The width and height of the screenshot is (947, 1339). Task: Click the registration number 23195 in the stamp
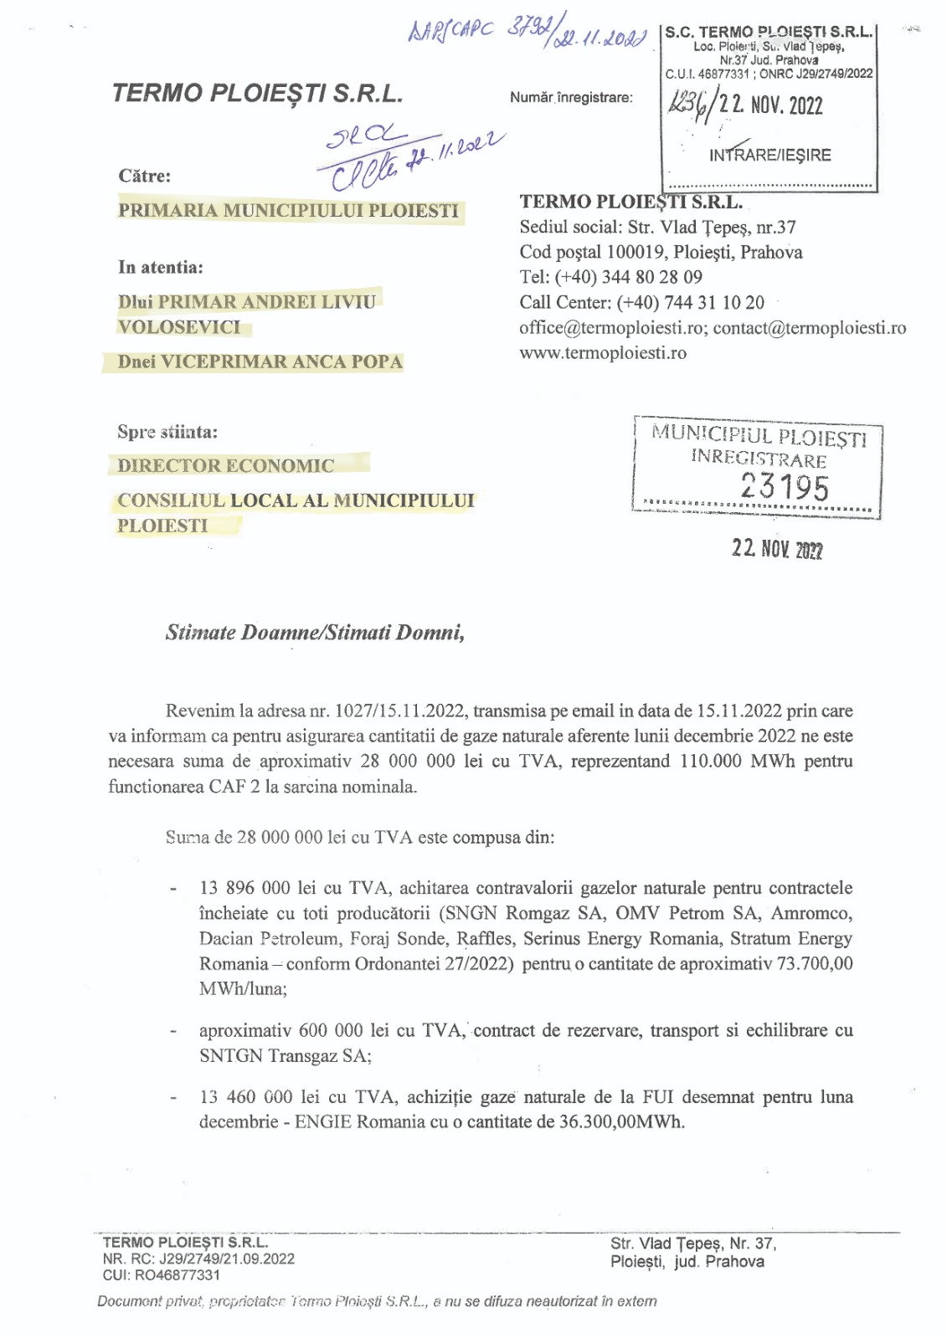coord(785,486)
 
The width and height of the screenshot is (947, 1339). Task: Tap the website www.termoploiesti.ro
coord(603,353)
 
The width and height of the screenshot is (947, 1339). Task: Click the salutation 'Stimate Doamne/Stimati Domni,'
coord(315,632)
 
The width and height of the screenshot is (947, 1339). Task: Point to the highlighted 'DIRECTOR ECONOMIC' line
coord(226,465)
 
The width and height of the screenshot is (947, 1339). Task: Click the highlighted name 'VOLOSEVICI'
coord(179,327)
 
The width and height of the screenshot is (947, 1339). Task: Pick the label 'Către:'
coord(145,176)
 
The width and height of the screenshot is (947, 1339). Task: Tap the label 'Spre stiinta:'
coord(167,432)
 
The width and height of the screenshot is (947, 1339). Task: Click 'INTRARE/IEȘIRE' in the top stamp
coord(770,155)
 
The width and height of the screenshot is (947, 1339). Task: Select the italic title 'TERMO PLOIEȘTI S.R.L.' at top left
coord(257,93)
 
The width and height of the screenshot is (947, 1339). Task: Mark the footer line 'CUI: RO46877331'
coord(162,1275)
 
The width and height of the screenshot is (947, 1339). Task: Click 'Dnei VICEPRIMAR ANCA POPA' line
coord(260,362)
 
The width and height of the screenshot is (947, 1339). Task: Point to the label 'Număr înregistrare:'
coord(571,98)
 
